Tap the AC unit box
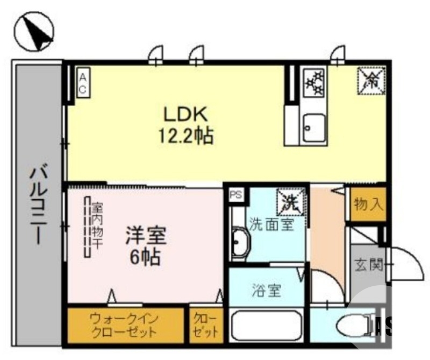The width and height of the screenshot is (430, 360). tap(83, 83)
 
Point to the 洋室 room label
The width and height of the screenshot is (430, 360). tap(146, 235)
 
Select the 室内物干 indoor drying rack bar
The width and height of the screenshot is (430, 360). tap(87, 227)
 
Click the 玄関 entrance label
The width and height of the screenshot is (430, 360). tap(368, 265)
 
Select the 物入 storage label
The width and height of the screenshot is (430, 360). tap(369, 204)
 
